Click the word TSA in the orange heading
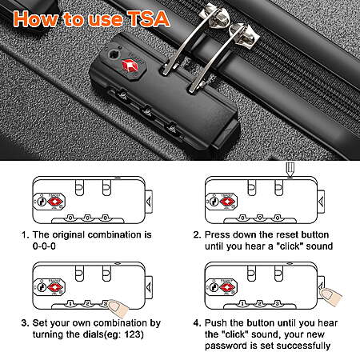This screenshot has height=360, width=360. [x=148, y=18]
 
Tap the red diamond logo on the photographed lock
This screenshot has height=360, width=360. [x=130, y=66]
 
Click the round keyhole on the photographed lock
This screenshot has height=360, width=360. [x=113, y=54]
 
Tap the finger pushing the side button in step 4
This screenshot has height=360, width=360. [x=330, y=295]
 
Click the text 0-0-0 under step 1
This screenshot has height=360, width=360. [x=44, y=246]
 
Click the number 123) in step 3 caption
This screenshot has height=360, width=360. [x=134, y=334]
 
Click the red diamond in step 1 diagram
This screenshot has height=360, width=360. [x=55, y=202]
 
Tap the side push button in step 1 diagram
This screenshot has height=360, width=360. [x=149, y=202]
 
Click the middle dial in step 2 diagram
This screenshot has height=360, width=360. [x=260, y=218]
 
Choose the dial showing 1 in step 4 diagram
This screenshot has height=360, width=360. [x=242, y=303]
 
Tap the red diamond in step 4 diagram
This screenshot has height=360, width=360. [x=227, y=287]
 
